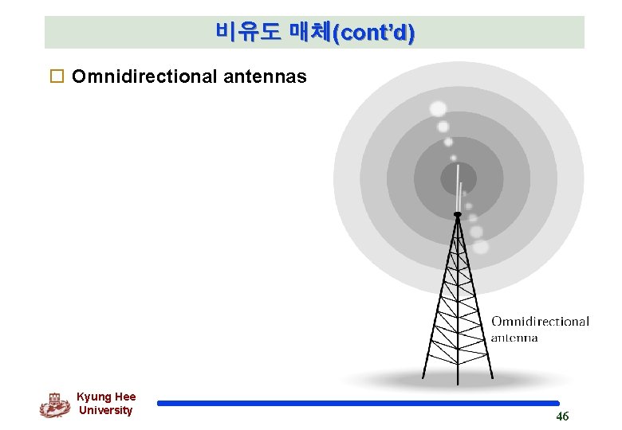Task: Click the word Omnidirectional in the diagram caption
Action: [540, 322]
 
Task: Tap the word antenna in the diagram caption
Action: [514, 338]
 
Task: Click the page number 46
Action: [562, 416]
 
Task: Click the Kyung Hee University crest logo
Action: [54, 405]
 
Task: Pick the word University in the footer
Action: [105, 410]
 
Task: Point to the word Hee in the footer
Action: [124, 397]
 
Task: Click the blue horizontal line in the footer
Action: [359, 404]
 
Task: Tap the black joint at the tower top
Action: [457, 214]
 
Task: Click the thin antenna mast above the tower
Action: [459, 195]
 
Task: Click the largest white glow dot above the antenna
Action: [438, 108]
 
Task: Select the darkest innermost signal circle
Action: [459, 178]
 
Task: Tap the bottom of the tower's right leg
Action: [491, 378]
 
